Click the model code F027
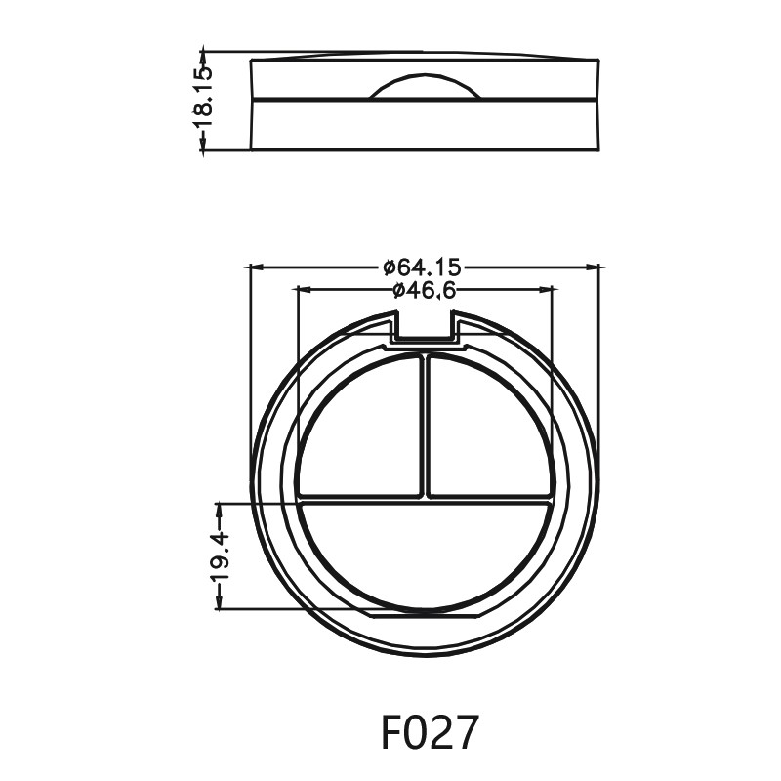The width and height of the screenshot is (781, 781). tap(430, 732)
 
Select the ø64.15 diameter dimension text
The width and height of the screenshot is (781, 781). tap(423, 266)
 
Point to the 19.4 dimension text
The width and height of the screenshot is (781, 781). tap(219, 556)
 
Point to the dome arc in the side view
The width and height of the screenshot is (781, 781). tap(425, 82)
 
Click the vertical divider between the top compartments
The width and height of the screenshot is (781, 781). tap(425, 425)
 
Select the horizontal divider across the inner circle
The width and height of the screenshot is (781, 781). tap(425, 499)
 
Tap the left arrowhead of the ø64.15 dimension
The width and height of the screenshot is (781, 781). tap(256, 266)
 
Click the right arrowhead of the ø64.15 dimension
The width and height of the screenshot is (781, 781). tap(593, 266)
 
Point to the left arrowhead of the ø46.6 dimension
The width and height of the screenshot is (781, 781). tap(303, 289)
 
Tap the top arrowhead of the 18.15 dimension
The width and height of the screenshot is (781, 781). tap(203, 55)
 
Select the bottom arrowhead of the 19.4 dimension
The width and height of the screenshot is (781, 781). tap(219, 604)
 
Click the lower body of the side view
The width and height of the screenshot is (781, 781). tap(425, 125)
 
